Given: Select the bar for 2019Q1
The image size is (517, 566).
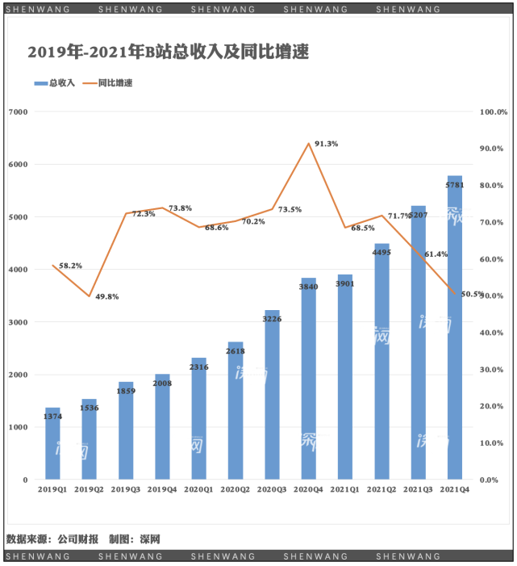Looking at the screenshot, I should (52, 443).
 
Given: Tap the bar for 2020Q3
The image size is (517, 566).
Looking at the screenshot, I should (272, 395).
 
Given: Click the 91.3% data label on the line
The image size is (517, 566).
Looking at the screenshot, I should (326, 144).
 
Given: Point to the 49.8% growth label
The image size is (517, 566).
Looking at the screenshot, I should (107, 296).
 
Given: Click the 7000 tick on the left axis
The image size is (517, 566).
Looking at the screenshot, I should (18, 111).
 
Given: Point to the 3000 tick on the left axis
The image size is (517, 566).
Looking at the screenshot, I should (18, 322).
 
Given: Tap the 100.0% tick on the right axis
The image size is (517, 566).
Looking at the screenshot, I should (493, 111).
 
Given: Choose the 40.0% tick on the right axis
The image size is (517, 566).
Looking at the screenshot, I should (493, 333).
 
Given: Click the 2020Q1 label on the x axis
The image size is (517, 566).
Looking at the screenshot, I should (198, 489).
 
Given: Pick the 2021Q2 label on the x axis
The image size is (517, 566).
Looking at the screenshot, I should (381, 489).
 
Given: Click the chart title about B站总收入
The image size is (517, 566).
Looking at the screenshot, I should (169, 52).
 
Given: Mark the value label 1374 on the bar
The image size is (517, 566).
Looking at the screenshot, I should (52, 415).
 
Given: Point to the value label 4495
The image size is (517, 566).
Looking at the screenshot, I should (381, 252).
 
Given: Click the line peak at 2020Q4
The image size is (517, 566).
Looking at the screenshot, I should (309, 144).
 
